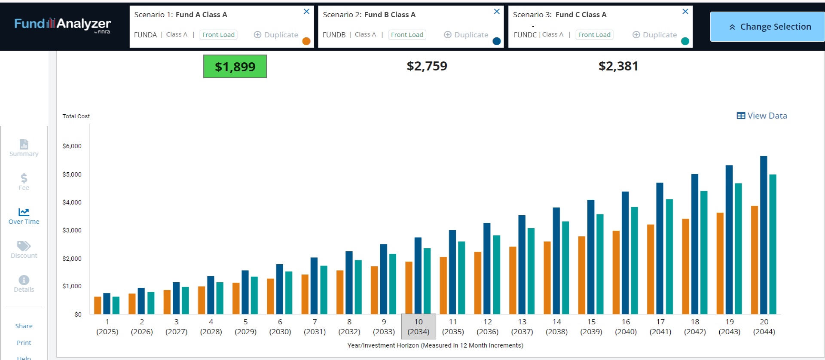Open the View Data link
click(x=762, y=116)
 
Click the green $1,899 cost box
click(x=235, y=67)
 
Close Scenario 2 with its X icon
click(x=497, y=12)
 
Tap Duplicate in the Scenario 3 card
click(x=655, y=35)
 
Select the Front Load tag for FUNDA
click(x=218, y=35)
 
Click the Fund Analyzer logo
click(x=63, y=24)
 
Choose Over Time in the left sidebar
click(x=24, y=216)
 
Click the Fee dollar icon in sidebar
click(x=24, y=178)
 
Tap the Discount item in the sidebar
click(x=24, y=250)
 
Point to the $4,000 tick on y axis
click(x=72, y=202)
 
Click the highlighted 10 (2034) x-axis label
click(x=419, y=326)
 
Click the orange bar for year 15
click(x=581, y=275)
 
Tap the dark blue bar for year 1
click(x=107, y=303)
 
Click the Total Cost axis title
click(x=76, y=116)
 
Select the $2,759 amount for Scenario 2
click(x=427, y=66)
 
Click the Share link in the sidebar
click(x=24, y=326)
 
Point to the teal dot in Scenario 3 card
click(x=685, y=41)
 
